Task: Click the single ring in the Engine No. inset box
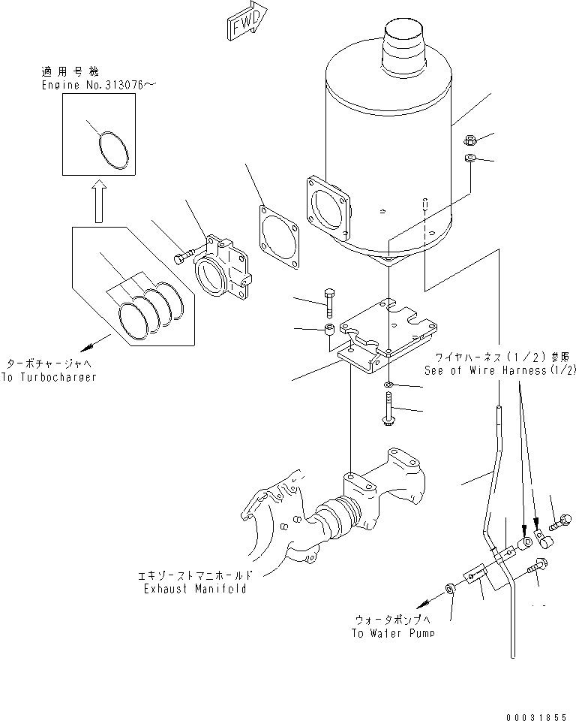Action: pyautogui.click(x=115, y=151)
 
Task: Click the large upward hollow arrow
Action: pyautogui.click(x=97, y=204)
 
